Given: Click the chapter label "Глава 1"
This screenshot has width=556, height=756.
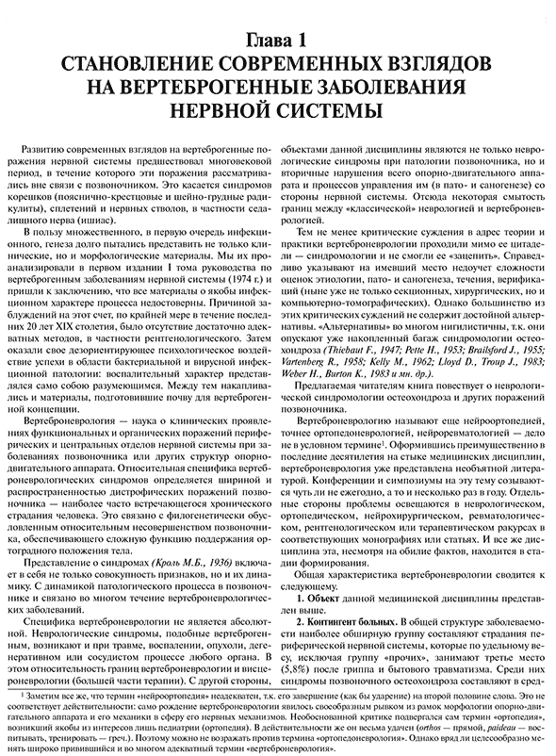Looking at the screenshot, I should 278,41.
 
